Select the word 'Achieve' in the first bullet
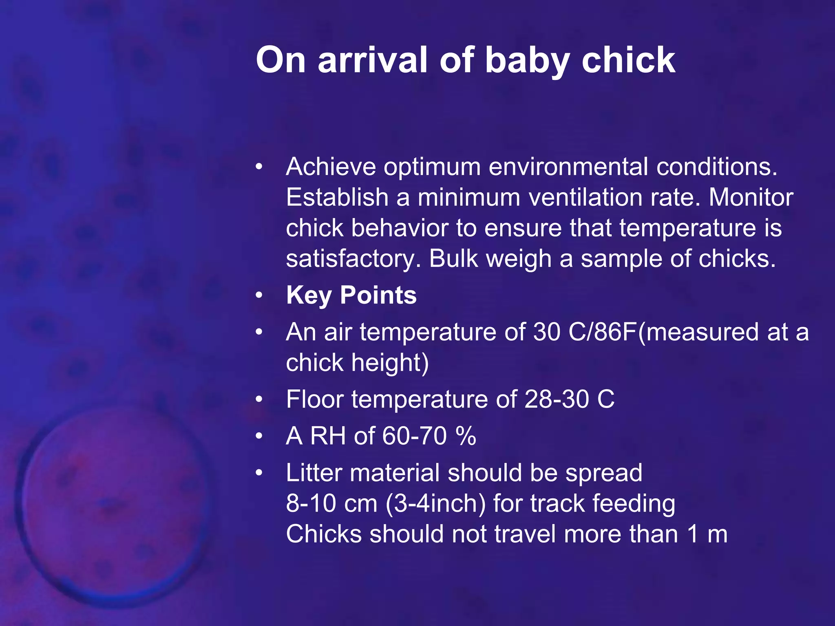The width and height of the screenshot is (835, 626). (x=331, y=167)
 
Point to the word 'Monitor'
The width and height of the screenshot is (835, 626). (x=751, y=198)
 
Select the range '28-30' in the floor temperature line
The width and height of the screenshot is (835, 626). (x=557, y=399)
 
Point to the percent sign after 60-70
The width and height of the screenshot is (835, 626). (x=466, y=436)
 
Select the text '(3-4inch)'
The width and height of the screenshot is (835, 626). (x=435, y=503)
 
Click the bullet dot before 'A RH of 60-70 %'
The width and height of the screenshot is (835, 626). (x=259, y=436)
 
